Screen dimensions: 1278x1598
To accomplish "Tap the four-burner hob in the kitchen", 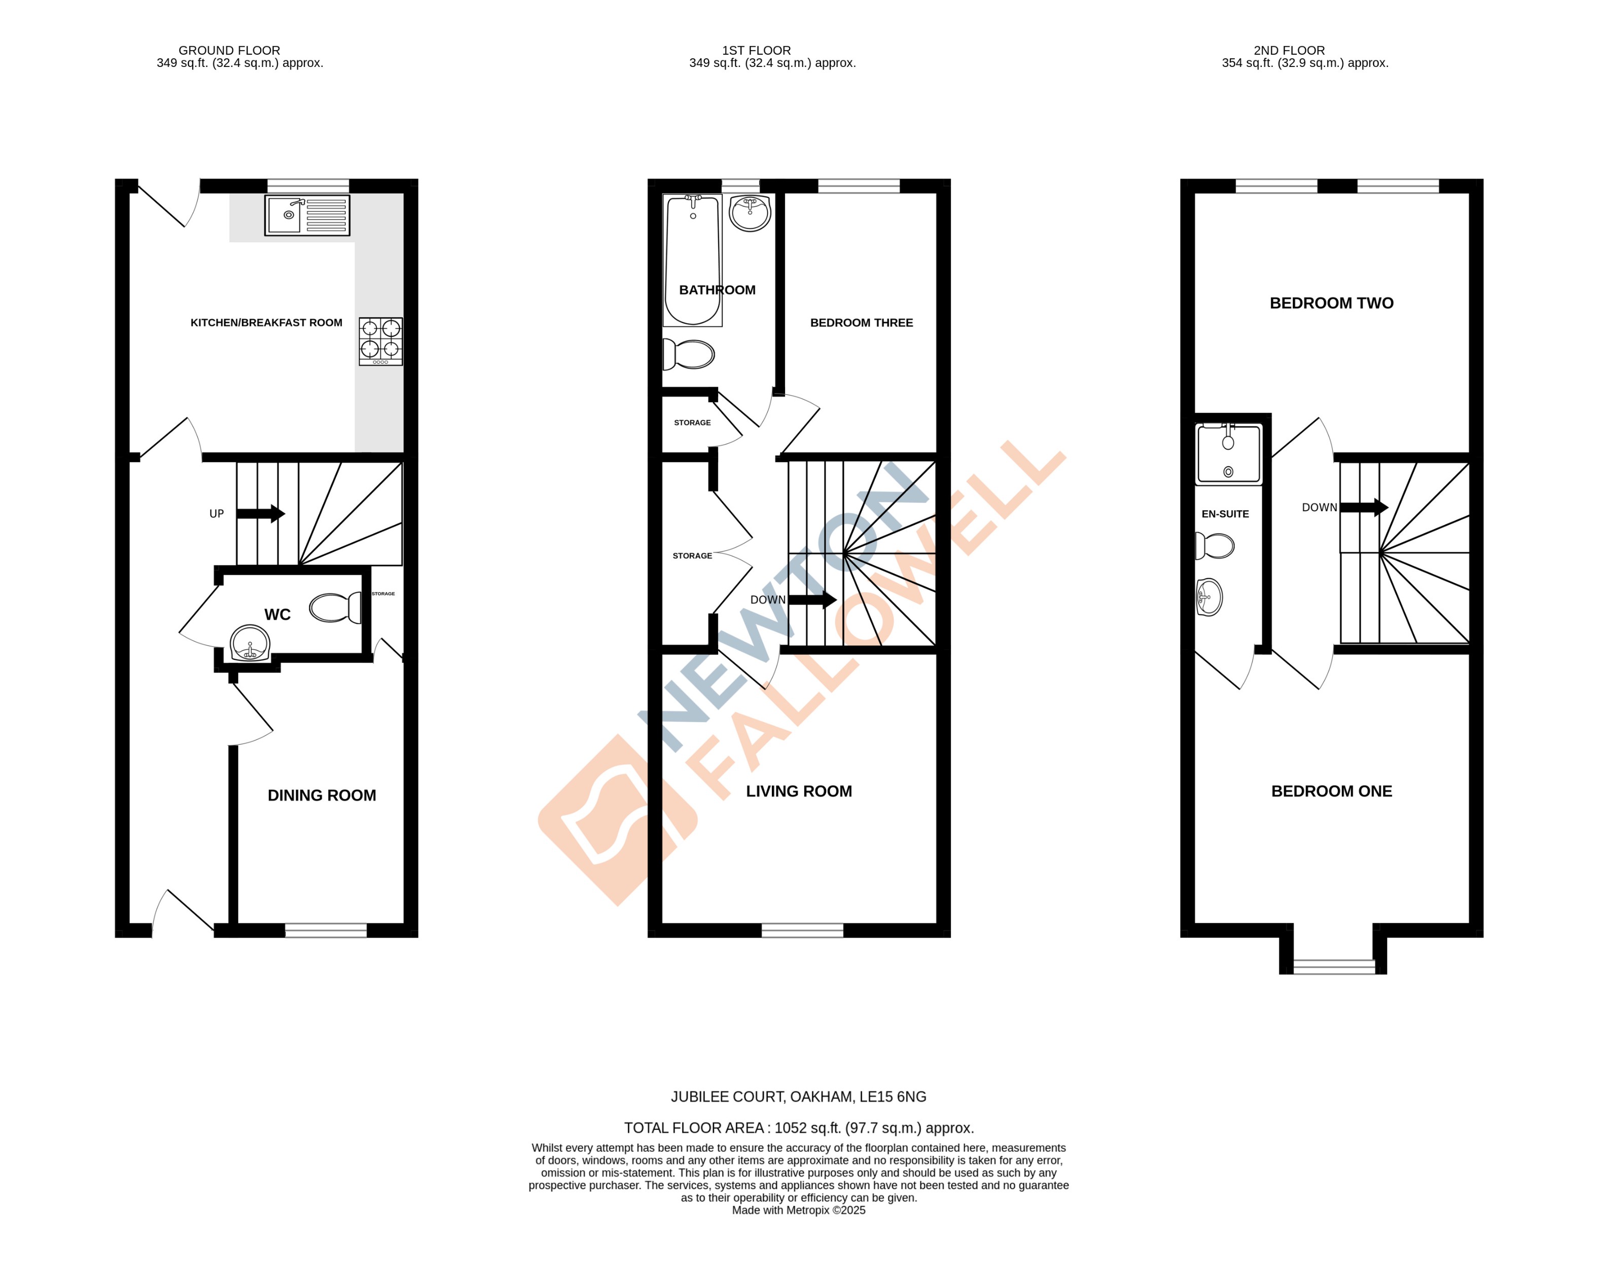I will [x=381, y=341].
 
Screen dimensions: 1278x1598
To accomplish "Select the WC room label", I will [x=277, y=615].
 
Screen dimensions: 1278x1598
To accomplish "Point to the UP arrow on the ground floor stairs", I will [x=260, y=513].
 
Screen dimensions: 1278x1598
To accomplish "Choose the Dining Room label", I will [x=322, y=795].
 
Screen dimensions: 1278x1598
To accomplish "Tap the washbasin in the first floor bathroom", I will [x=750, y=213].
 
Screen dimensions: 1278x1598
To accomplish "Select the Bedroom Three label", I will [x=861, y=323].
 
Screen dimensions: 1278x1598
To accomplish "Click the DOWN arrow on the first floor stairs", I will [x=811, y=600].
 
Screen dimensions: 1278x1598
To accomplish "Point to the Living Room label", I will [x=798, y=791].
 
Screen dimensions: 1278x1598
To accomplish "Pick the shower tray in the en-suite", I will [x=1228, y=454].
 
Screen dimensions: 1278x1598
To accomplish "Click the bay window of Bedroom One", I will [x=1333, y=966].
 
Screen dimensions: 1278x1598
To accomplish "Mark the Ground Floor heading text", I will [x=229, y=50].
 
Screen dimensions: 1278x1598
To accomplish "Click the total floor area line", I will [x=798, y=1127].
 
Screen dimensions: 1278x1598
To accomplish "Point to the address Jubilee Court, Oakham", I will [x=798, y=1096].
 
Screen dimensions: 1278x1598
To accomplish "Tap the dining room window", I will [x=326, y=930].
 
